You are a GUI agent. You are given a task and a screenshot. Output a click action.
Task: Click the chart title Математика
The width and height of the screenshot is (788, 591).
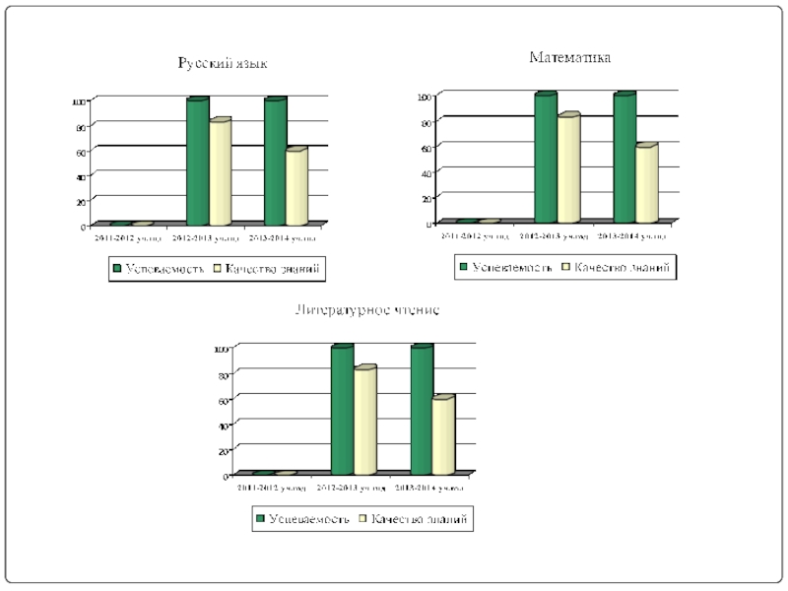tap(570, 57)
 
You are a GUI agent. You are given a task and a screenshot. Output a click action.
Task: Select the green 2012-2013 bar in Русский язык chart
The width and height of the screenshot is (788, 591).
tap(197, 163)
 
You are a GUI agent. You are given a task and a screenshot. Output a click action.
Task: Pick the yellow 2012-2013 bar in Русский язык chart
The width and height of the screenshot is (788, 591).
tap(219, 172)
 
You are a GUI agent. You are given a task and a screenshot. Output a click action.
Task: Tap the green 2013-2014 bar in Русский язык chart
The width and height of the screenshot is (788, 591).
tap(275, 163)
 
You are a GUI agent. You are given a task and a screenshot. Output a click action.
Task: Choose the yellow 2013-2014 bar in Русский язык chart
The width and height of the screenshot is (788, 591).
tap(295, 187)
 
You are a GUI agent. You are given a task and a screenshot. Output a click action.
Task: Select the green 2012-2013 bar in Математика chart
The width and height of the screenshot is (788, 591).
tap(546, 159)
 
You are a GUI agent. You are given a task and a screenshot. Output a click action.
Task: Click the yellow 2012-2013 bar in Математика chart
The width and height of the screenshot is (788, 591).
tap(567, 168)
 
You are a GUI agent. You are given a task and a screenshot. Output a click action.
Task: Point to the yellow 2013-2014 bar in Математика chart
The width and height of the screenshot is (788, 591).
tap(645, 183)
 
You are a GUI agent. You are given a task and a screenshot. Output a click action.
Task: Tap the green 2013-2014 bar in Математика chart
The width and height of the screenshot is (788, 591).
tap(624, 159)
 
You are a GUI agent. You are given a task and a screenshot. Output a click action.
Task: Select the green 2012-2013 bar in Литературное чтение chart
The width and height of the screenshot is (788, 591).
tap(342, 410)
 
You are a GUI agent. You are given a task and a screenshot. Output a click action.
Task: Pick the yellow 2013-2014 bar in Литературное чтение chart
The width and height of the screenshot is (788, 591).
tap(442, 435)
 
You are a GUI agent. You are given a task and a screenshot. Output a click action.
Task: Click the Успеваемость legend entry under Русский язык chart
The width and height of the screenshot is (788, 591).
tap(158, 268)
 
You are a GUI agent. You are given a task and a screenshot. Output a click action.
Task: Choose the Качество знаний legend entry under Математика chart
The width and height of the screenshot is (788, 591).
tap(618, 267)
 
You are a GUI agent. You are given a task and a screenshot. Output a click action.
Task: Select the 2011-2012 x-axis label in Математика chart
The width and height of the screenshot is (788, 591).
tap(476, 236)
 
